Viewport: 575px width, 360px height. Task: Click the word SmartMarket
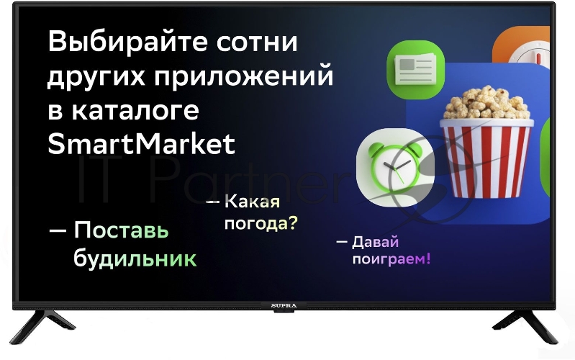pyautogui.click(x=141, y=144)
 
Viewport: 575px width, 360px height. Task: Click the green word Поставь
pyautogui.click(x=121, y=232)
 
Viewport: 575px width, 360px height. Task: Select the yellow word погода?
pyautogui.click(x=261, y=224)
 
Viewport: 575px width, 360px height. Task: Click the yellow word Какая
pyautogui.click(x=252, y=203)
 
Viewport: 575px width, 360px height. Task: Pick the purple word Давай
pyautogui.click(x=376, y=242)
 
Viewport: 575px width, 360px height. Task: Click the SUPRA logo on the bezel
pyautogui.click(x=284, y=306)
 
